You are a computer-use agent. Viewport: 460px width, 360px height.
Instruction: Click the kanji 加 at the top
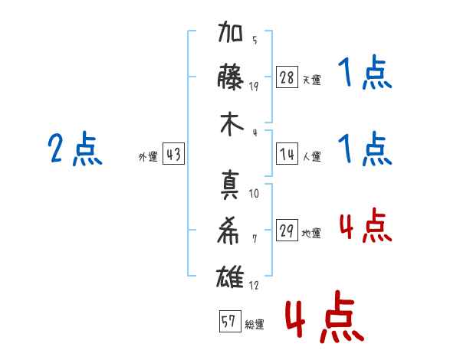pyautogui.click(x=231, y=37)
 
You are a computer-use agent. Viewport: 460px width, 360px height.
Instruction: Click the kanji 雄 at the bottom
pyautogui.click(x=231, y=273)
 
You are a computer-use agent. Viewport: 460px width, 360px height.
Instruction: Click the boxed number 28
pyautogui.click(x=287, y=78)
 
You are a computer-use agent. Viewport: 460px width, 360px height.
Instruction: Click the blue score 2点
pyautogui.click(x=74, y=149)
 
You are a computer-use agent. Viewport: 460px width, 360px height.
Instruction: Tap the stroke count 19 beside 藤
pyautogui.click(x=255, y=86)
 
